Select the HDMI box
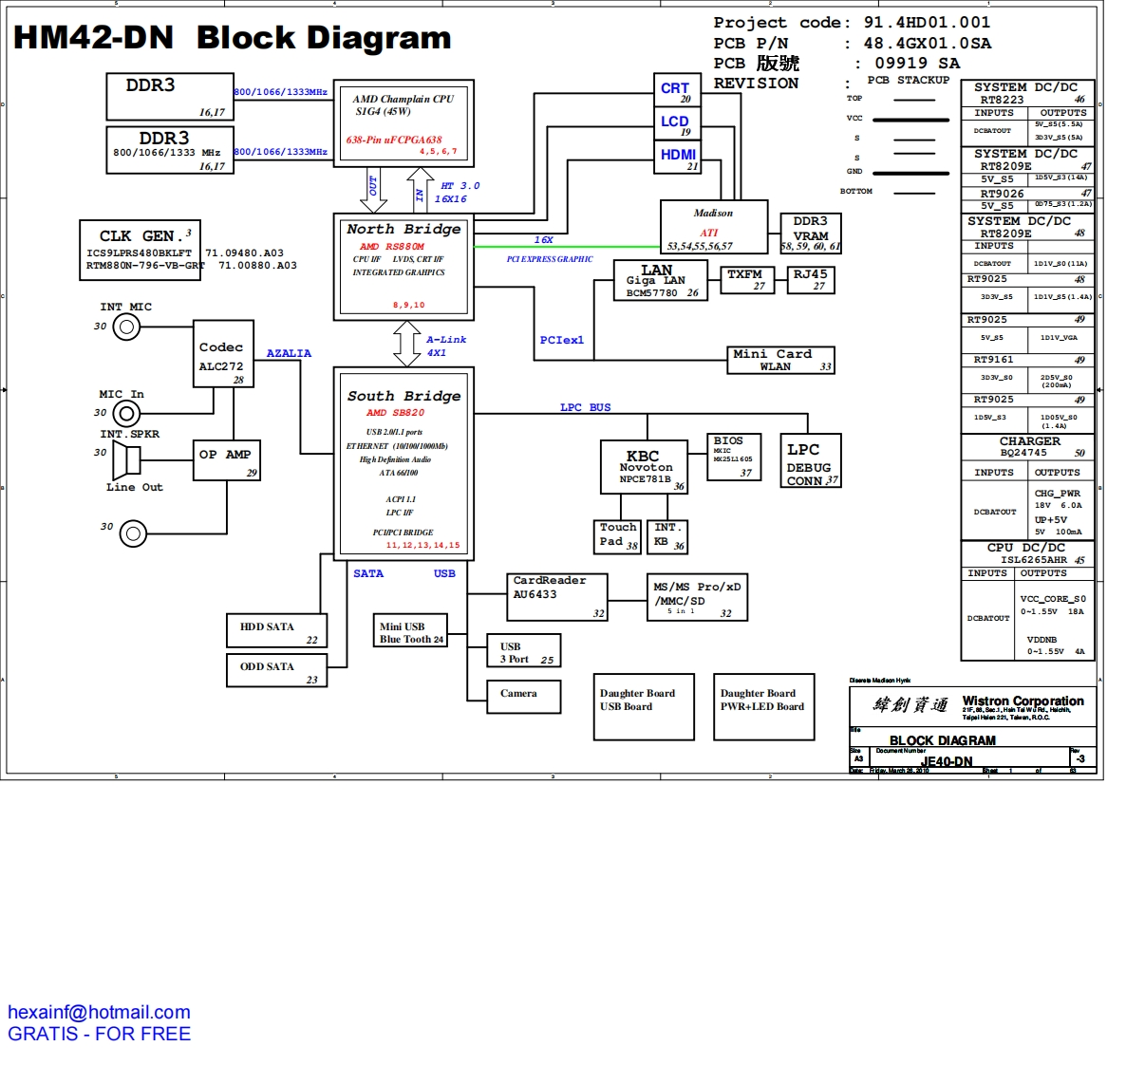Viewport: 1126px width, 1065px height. click(x=677, y=158)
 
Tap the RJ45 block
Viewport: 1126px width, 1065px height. click(x=811, y=279)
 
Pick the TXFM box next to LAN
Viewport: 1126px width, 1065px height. click(x=745, y=279)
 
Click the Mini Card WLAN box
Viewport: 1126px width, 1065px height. click(x=780, y=360)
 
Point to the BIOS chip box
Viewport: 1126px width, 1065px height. click(x=734, y=457)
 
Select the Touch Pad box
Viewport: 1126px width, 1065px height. click(x=618, y=536)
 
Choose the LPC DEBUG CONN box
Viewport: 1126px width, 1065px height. click(x=809, y=462)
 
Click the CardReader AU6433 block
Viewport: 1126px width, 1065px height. click(x=556, y=596)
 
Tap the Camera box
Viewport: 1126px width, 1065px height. click(x=523, y=695)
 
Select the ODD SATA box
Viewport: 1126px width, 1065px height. click(x=277, y=669)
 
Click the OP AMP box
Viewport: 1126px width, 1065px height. click(x=227, y=460)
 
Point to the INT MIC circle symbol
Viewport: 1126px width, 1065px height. click(x=126, y=327)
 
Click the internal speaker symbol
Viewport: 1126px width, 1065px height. click(x=126, y=461)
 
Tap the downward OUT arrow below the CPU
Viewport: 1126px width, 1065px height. click(x=373, y=190)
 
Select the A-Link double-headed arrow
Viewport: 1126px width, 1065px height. click(x=407, y=344)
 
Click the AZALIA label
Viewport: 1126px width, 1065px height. click(x=289, y=353)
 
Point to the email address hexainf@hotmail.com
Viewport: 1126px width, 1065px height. click(x=99, y=1012)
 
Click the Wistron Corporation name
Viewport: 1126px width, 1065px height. click(x=1023, y=701)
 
